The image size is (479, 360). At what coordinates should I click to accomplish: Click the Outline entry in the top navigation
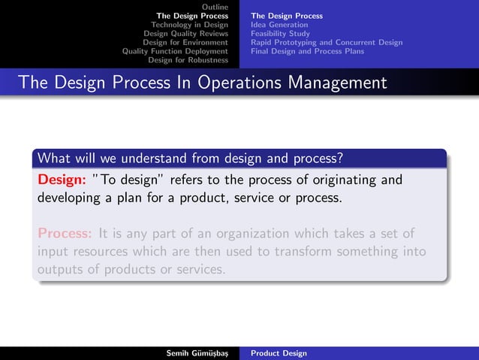215,7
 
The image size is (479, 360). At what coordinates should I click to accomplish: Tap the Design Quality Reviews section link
185,34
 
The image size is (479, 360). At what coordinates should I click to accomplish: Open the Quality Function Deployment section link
175,52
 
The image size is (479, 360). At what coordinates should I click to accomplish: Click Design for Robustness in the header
188,61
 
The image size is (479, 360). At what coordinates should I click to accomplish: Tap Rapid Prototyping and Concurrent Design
327,43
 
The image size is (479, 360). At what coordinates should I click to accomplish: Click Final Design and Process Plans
307,52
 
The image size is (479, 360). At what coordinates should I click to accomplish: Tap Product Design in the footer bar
279,352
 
